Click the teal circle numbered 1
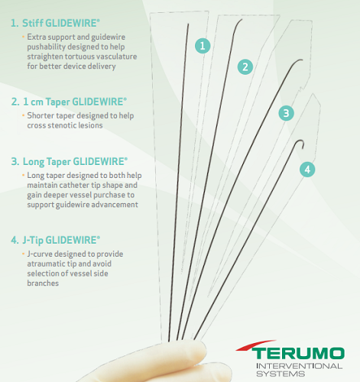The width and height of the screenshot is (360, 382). pos(203,46)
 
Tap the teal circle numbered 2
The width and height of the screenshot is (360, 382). pos(245,67)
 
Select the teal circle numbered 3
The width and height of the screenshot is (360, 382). pos(286,113)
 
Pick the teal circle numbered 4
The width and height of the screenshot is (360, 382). pos(307,170)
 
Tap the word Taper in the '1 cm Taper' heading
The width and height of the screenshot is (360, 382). pos(57,102)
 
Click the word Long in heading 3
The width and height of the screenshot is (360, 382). pos(34,162)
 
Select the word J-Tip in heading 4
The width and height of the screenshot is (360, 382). pos(32,241)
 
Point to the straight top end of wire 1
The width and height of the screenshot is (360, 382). pos(188,24)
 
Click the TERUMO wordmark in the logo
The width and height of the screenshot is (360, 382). pos(298,354)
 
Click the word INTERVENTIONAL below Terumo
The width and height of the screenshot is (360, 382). pos(300,366)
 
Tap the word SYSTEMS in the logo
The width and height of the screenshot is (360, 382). pos(281,374)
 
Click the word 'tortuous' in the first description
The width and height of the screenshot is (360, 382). pos(82,57)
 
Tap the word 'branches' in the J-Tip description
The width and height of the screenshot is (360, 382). pos(43,283)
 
